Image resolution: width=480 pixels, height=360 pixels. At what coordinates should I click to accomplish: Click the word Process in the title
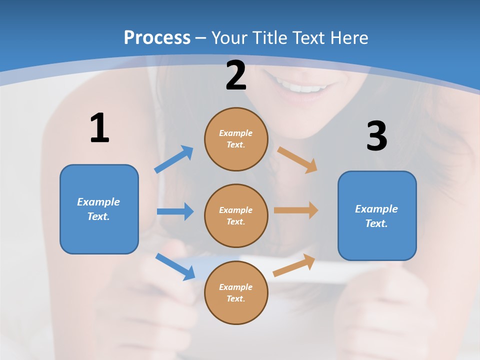157,37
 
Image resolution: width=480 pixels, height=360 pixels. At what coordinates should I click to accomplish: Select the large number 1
99,128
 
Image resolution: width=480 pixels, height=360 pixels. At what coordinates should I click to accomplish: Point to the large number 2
236,75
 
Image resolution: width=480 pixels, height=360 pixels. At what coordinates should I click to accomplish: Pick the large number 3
376,136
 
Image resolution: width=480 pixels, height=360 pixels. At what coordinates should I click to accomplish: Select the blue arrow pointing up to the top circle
174,159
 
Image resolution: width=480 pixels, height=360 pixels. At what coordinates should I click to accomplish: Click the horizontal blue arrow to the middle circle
175,211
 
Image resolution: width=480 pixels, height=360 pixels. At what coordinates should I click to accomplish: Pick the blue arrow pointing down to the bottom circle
175,266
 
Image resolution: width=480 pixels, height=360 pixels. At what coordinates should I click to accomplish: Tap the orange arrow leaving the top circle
297,159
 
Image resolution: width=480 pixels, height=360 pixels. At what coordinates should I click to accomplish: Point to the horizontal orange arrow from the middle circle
296,210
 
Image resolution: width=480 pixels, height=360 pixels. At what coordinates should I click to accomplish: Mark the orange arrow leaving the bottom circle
294,265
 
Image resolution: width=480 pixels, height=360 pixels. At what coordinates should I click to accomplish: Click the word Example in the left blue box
98,202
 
